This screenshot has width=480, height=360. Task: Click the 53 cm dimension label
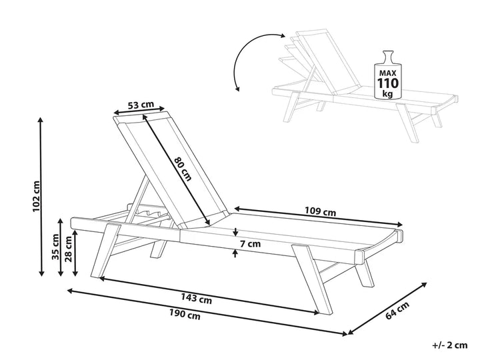pyautogui.click(x=141, y=105)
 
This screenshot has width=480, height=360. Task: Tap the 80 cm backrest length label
pyautogui.click(x=183, y=169)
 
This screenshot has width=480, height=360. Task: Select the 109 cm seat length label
pyautogui.click(x=320, y=211)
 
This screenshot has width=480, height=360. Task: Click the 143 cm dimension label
pyautogui.click(x=196, y=298)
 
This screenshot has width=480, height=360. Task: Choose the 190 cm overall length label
pyautogui.click(x=185, y=313)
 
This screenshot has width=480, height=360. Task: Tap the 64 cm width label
pyautogui.click(x=397, y=311)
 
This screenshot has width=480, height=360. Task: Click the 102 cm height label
pyautogui.click(x=36, y=196)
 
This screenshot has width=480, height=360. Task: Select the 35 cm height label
pyautogui.click(x=55, y=247)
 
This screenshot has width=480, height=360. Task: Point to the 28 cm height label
pyautogui.click(x=69, y=249)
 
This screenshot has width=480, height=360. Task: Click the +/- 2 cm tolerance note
pyautogui.click(x=450, y=345)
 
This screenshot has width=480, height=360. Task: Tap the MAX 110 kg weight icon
pyautogui.click(x=387, y=75)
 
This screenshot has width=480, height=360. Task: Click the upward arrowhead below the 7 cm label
pyautogui.click(x=235, y=253)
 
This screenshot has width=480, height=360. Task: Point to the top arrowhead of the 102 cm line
pyautogui.click(x=40, y=120)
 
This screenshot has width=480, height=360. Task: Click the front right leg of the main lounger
pyautogui.click(x=312, y=279)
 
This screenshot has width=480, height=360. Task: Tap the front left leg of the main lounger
pyautogui.click(x=105, y=251)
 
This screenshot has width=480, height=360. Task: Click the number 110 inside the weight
pyautogui.click(x=388, y=83)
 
